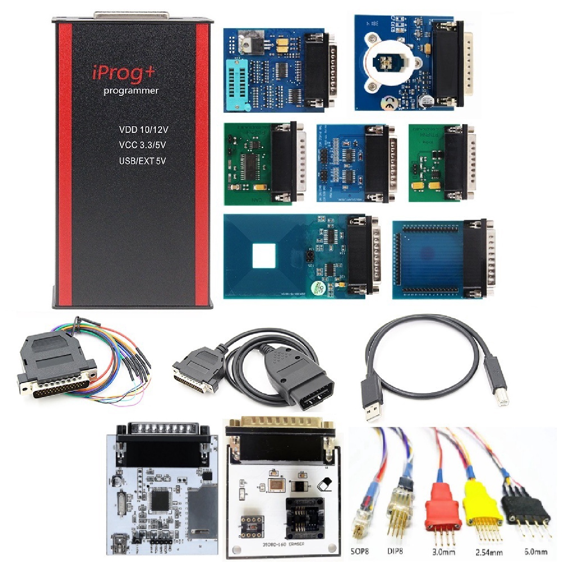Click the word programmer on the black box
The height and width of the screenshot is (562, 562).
point(131,91)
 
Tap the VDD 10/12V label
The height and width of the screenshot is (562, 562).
point(143,130)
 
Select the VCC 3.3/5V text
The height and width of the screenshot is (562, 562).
point(142,145)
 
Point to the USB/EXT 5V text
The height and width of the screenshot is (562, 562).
point(142,161)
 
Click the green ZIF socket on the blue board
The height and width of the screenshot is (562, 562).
point(237,84)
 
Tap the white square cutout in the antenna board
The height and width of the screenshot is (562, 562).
point(264,256)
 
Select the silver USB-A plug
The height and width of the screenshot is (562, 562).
point(372,407)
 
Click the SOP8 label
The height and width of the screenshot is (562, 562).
point(359,551)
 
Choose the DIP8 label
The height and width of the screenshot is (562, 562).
point(395,551)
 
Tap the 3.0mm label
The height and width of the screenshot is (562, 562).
point(443,552)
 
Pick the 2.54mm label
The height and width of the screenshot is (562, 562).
point(489,552)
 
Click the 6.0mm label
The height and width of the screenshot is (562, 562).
point(535,551)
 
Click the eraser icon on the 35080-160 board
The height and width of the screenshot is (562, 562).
point(325,484)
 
